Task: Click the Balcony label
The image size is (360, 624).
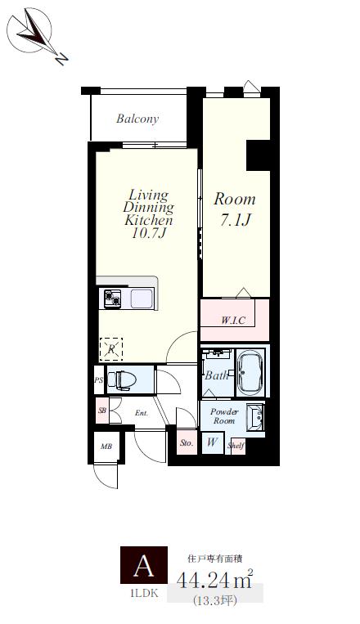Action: pyautogui.click(x=137, y=119)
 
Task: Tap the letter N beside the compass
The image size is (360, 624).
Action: pyautogui.click(x=61, y=59)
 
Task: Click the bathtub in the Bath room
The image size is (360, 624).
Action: pyautogui.click(x=250, y=372)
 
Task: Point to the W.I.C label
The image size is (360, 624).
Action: pyautogui.click(x=233, y=320)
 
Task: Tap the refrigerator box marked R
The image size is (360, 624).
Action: pyautogui.click(x=111, y=349)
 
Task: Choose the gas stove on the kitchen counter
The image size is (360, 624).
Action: pyautogui.click(x=112, y=299)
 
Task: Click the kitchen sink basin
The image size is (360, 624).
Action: pyautogui.click(x=142, y=299)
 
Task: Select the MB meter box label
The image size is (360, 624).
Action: pyautogui.click(x=106, y=447)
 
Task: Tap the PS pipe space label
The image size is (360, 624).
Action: pyautogui.click(x=99, y=380)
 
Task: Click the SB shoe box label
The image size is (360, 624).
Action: pyautogui.click(x=102, y=411)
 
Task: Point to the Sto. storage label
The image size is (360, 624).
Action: pyautogui.click(x=187, y=442)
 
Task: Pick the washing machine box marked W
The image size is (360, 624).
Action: pyautogui.click(x=212, y=442)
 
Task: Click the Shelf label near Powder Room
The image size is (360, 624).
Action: pyautogui.click(x=236, y=446)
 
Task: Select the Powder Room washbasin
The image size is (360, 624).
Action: pyautogui.click(x=255, y=417)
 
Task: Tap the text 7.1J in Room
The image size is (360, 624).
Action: pyautogui.click(x=236, y=219)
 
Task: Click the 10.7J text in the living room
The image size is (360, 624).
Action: pyautogui.click(x=149, y=233)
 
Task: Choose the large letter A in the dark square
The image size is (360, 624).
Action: pyautogui.click(x=144, y=566)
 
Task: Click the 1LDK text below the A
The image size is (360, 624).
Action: pyautogui.click(x=144, y=594)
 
